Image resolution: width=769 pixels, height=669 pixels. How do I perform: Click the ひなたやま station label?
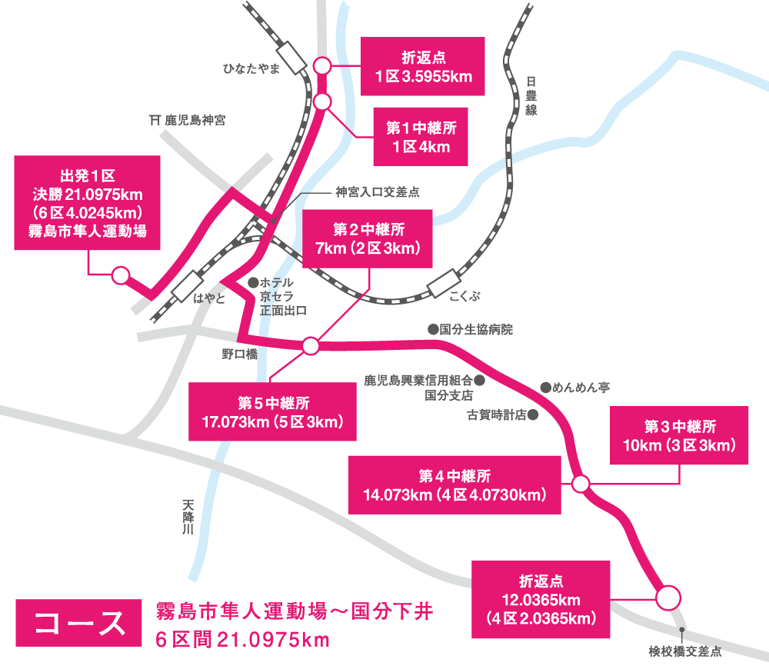pyautogui.click(x=251, y=69)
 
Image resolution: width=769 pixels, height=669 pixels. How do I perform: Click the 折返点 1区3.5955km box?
pyautogui.click(x=423, y=67)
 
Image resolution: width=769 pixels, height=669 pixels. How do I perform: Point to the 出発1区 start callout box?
pyautogui.click(x=88, y=202)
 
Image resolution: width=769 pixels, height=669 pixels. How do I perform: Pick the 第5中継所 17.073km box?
pyautogui.click(x=272, y=411)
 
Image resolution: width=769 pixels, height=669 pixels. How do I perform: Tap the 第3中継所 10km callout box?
pyautogui.click(x=679, y=435)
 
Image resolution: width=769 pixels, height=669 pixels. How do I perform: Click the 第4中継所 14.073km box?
pyautogui.click(x=454, y=485)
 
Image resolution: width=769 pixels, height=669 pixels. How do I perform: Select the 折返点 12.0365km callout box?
pyautogui.click(x=541, y=598)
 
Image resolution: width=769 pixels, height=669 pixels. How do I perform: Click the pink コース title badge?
pyautogui.click(x=79, y=622)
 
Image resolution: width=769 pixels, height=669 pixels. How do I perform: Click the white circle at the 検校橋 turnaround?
pyautogui.click(x=667, y=597)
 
